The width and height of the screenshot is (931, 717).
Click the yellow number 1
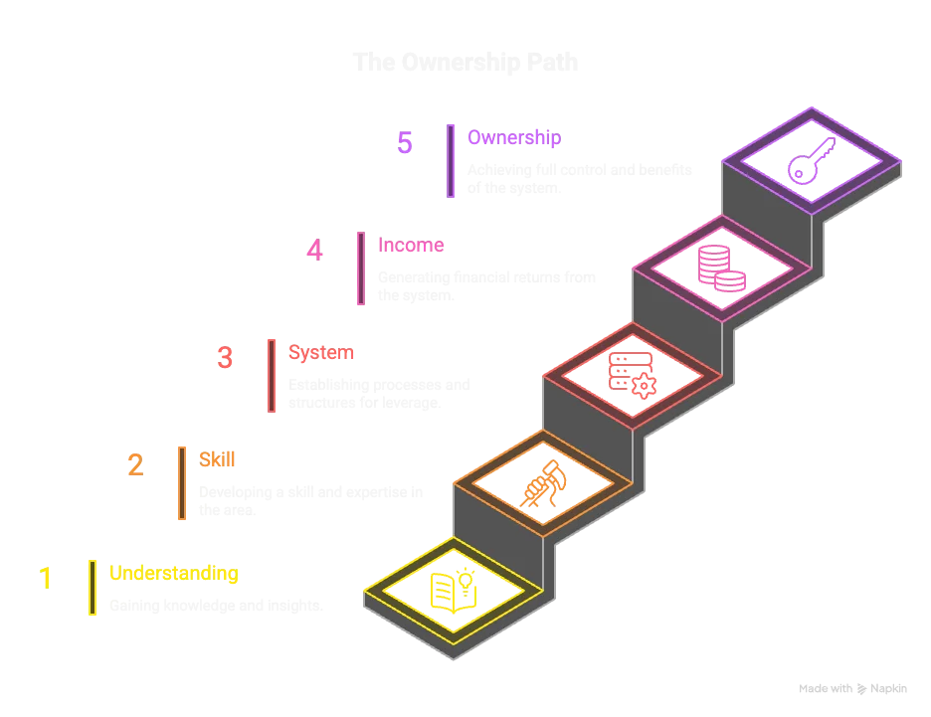coord(46,577)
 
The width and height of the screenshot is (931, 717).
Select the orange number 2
coord(135,465)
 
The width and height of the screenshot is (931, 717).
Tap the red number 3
coord(225,358)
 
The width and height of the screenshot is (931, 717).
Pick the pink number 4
coord(314,250)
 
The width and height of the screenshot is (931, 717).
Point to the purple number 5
coord(405,143)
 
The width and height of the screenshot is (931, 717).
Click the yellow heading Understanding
coord(173,574)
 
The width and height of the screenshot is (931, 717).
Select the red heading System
coord(320,352)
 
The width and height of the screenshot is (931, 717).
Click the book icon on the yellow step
coord(453,591)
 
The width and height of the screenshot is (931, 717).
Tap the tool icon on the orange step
coord(542,484)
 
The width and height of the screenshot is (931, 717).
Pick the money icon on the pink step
coord(722,269)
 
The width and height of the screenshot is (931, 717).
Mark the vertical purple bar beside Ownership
coord(451,160)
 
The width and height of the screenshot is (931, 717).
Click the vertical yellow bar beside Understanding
coord(93,587)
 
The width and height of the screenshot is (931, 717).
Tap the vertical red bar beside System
coord(272,375)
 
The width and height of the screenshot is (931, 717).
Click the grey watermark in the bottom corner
coord(851,687)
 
